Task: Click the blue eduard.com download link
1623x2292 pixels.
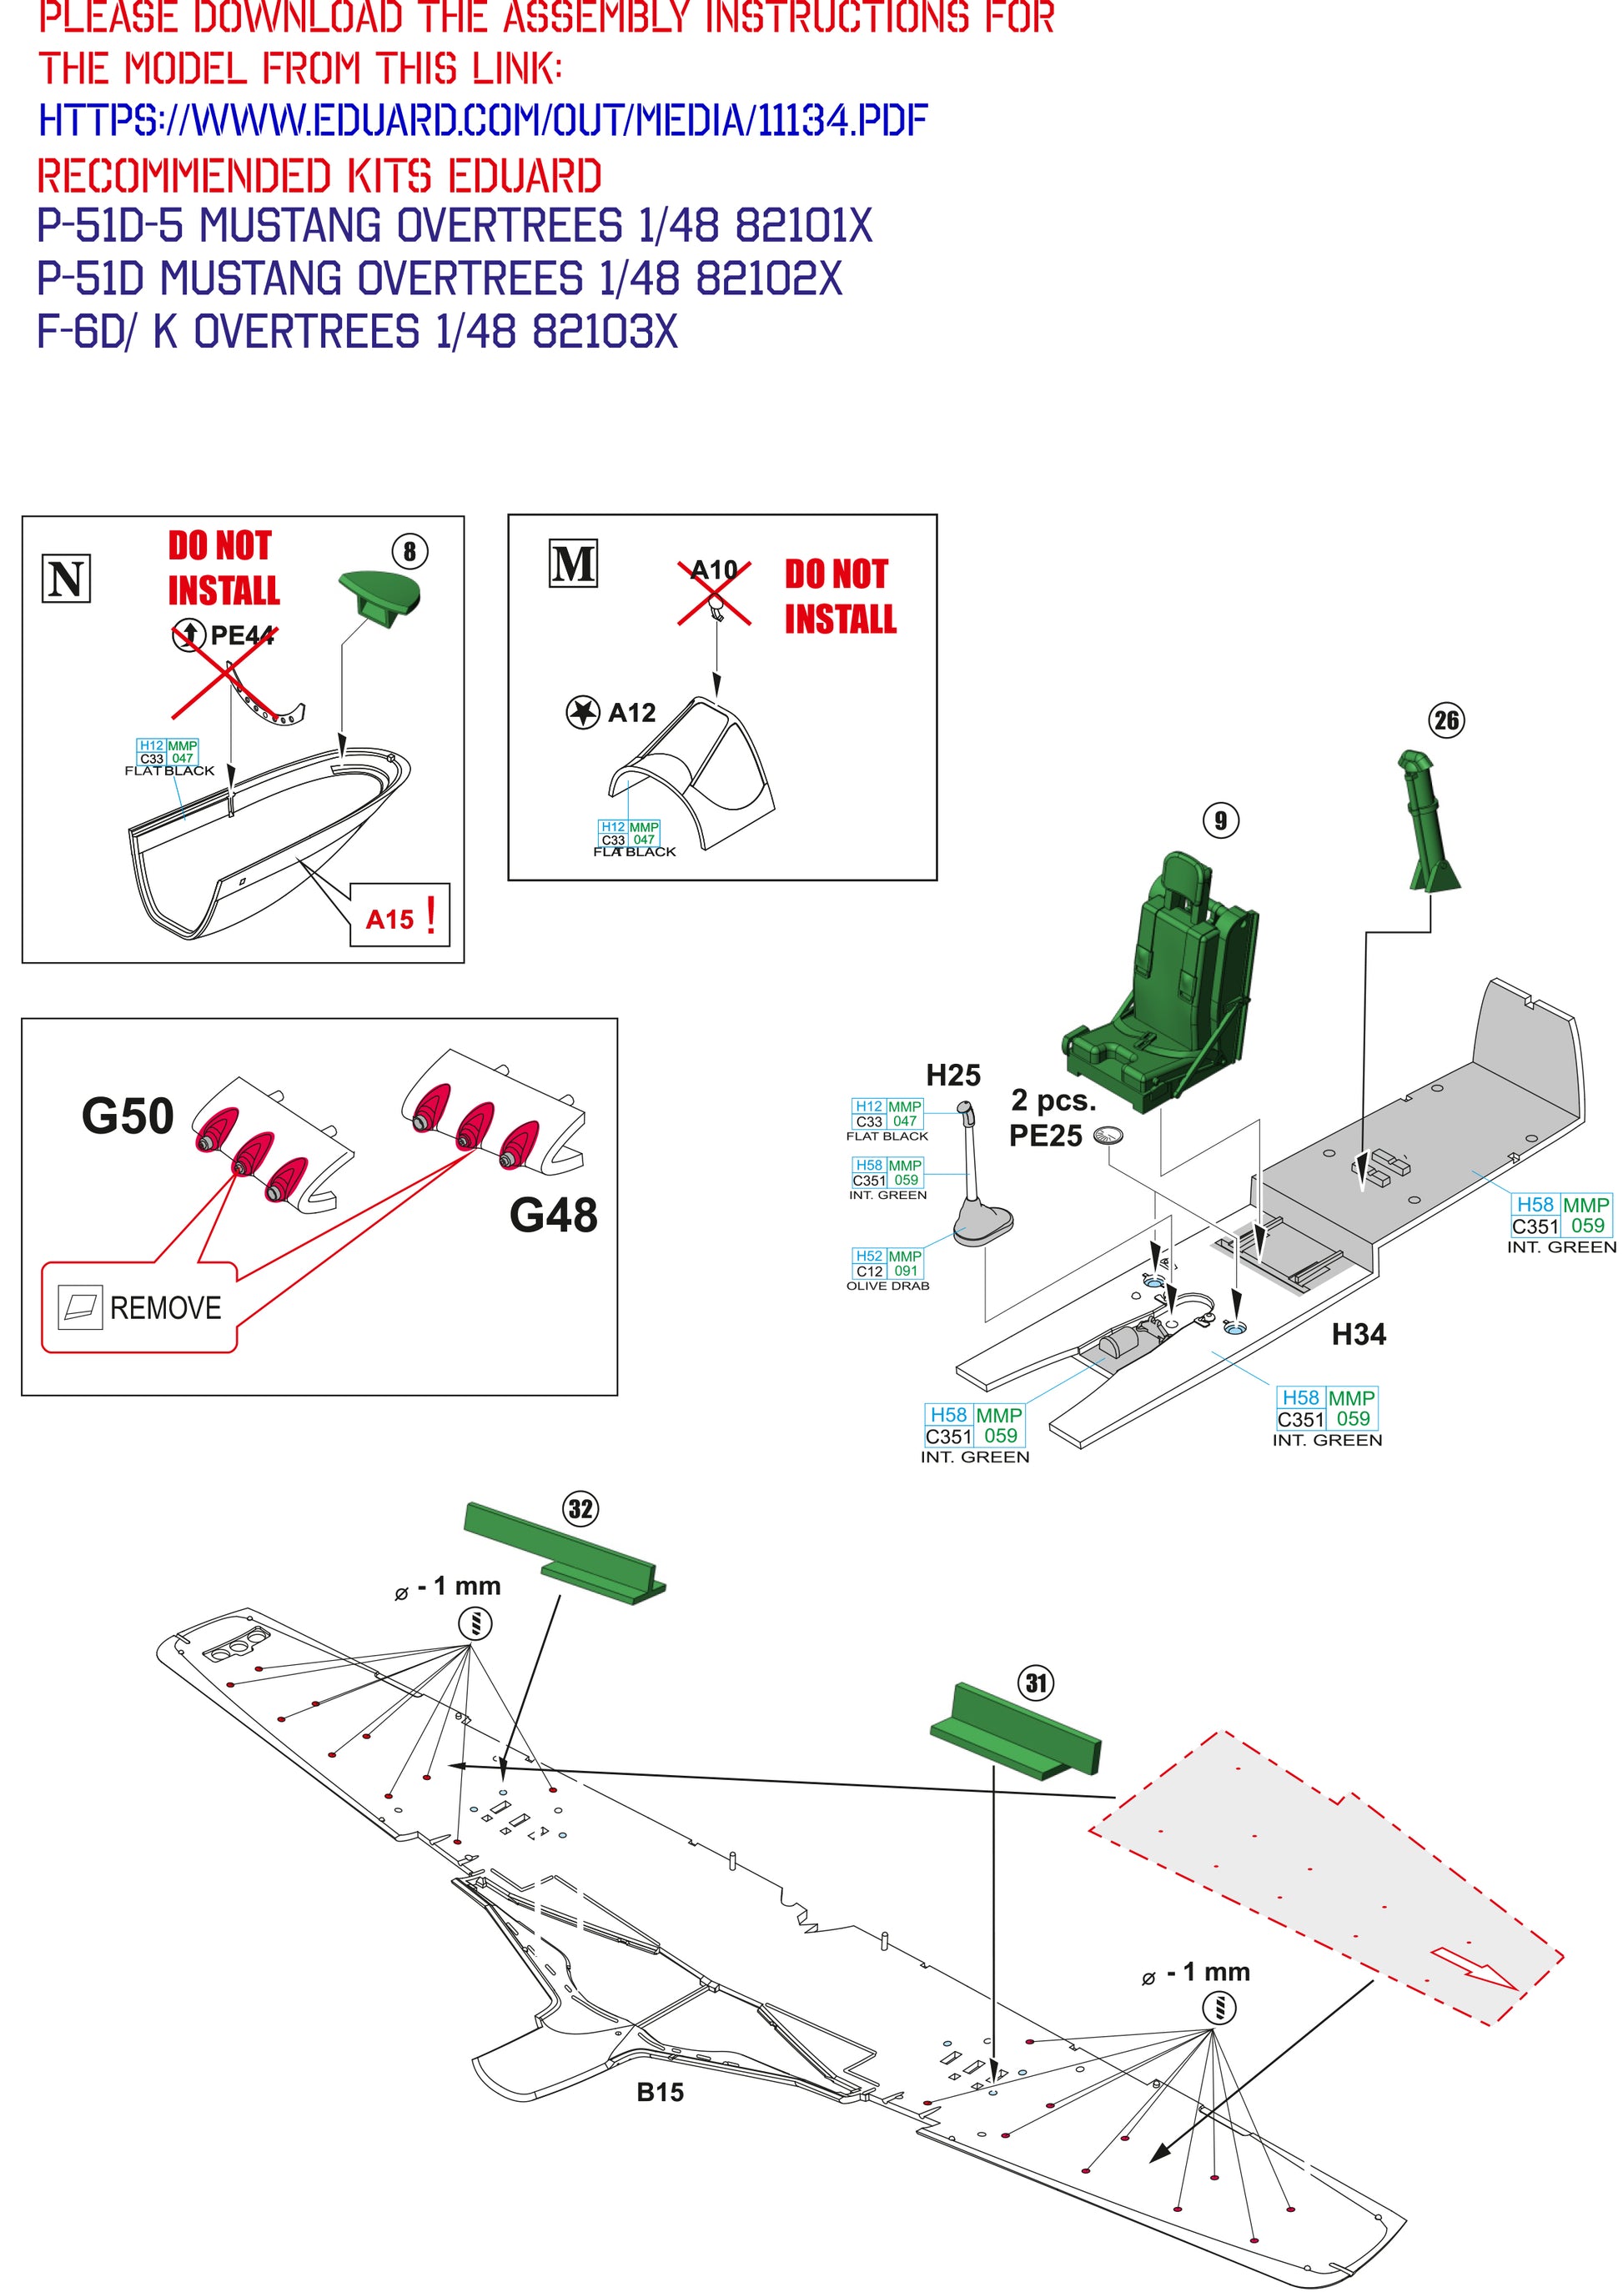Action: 483,121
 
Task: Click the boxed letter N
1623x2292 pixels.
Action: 66,579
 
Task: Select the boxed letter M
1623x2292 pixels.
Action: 574,564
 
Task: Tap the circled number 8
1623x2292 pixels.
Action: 410,550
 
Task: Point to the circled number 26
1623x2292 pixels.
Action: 1446,720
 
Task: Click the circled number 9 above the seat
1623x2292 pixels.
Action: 1220,821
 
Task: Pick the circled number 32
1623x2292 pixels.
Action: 580,1508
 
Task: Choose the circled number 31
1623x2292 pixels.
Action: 1037,1683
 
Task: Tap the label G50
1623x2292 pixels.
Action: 127,1116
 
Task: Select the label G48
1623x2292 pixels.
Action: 553,1215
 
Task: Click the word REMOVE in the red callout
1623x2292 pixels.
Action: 165,1308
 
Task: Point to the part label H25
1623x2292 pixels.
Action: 952,1075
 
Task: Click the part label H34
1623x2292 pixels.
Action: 1358,1334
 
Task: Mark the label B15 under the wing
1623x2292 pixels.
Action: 660,2092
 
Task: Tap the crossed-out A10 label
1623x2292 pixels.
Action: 715,570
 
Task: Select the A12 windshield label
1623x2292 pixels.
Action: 631,712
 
